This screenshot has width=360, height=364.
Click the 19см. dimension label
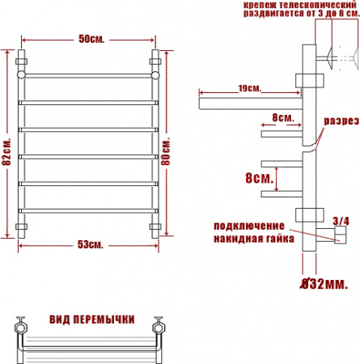click(249, 87)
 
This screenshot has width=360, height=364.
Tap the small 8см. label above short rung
click(282, 117)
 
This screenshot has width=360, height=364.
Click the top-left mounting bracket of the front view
click(23, 61)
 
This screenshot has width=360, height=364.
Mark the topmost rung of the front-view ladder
click(88, 75)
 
